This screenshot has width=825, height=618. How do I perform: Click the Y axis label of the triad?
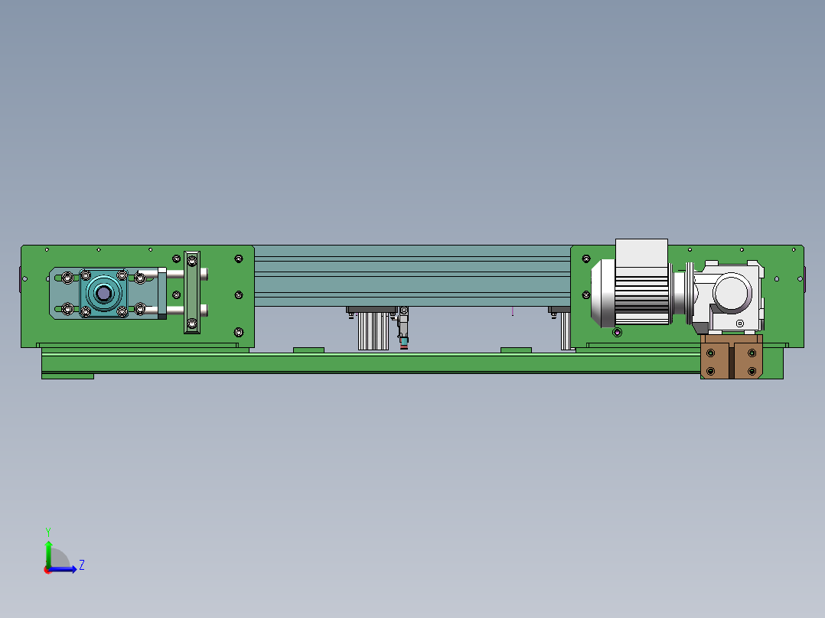pyautogui.click(x=48, y=532)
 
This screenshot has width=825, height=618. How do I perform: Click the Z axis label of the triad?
pyautogui.click(x=82, y=565)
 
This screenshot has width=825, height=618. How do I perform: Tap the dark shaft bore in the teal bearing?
pyautogui.click(x=103, y=293)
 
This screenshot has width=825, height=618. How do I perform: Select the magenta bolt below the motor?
pyautogui.click(x=617, y=332)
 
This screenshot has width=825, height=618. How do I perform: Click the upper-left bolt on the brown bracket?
pyautogui.click(x=711, y=353)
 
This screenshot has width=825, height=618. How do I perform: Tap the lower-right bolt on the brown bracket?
pyautogui.click(x=752, y=371)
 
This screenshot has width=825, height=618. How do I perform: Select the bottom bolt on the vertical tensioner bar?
pyautogui.click(x=192, y=324)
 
